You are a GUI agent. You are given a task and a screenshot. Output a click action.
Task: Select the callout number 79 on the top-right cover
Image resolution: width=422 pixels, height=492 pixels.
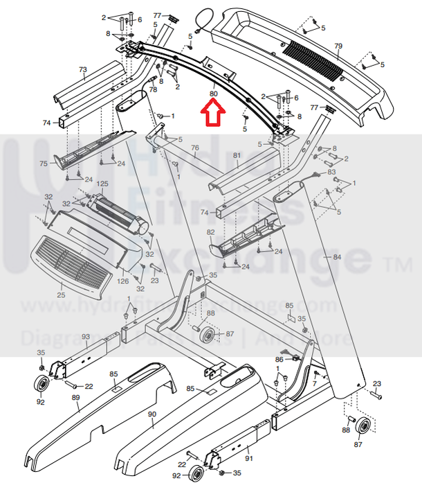click(338, 46)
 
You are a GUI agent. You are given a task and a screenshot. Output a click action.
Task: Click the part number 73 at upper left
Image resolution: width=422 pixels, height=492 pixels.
click(83, 70)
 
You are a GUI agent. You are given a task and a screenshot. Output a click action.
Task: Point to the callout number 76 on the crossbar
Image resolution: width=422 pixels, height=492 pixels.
click(194, 148)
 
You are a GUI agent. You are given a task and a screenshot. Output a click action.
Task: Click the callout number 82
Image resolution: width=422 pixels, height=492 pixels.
click(211, 232)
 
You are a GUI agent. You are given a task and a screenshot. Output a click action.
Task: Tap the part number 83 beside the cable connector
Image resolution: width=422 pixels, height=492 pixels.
click(332, 171)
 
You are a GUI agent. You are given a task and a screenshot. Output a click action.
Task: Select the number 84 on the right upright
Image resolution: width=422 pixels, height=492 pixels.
click(337, 257)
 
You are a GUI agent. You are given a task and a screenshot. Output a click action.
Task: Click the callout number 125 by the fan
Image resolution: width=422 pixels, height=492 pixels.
click(102, 184)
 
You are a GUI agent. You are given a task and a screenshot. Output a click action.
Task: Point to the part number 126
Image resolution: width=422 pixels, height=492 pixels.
click(122, 281)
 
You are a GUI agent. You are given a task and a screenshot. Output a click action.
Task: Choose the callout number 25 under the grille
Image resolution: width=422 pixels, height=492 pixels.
click(61, 295)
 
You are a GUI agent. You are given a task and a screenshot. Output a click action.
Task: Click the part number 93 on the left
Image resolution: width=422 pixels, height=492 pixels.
click(86, 337)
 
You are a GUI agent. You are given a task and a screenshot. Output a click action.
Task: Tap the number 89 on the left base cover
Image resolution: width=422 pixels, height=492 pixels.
click(76, 398)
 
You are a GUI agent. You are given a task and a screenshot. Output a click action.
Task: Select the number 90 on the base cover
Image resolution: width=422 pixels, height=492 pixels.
click(152, 414)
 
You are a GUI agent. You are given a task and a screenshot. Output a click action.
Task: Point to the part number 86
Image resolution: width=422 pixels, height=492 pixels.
click(279, 359)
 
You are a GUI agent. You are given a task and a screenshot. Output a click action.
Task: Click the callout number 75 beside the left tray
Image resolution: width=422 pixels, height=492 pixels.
click(44, 164)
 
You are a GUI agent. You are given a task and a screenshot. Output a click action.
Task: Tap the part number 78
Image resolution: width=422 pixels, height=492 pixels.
click(153, 89)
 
